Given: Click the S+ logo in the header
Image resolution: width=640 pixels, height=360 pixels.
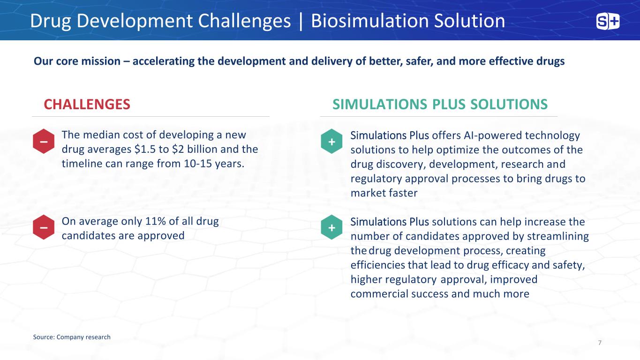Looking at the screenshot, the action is (x=608, y=22).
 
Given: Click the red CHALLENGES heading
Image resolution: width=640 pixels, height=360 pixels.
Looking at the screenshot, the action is (x=87, y=104).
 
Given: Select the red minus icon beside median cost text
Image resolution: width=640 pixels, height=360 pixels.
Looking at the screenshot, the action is (x=44, y=142).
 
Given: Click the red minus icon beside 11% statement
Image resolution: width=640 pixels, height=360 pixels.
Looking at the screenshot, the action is (x=44, y=227).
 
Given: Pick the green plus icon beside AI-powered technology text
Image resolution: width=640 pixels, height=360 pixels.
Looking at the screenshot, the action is (x=331, y=142).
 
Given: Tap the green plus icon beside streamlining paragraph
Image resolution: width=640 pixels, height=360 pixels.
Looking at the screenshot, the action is (x=331, y=227).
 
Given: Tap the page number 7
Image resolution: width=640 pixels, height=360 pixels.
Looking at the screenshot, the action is (x=600, y=343).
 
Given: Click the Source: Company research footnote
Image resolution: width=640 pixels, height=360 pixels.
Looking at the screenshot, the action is (x=72, y=337).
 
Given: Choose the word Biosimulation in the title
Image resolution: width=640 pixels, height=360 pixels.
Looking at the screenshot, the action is (x=370, y=21).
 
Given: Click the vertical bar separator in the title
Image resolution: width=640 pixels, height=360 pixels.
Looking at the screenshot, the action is (x=301, y=21).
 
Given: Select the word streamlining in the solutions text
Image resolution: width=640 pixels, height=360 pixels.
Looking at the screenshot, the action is (x=558, y=236).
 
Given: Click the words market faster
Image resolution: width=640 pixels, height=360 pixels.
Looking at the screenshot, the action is (x=384, y=193).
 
